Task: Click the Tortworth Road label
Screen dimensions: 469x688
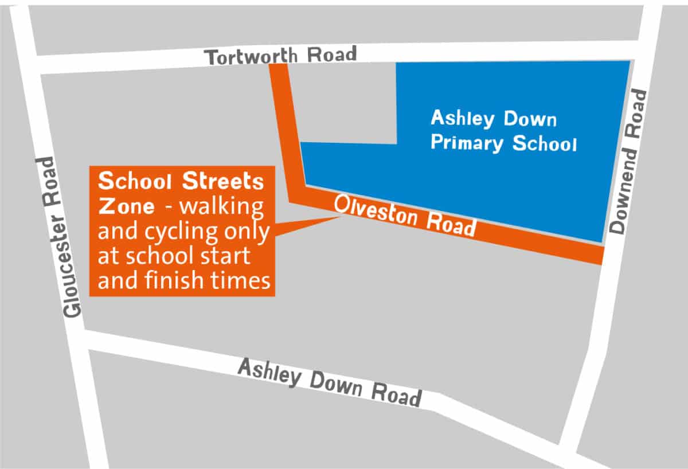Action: (x=281, y=56)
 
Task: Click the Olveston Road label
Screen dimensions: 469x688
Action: (x=405, y=215)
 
